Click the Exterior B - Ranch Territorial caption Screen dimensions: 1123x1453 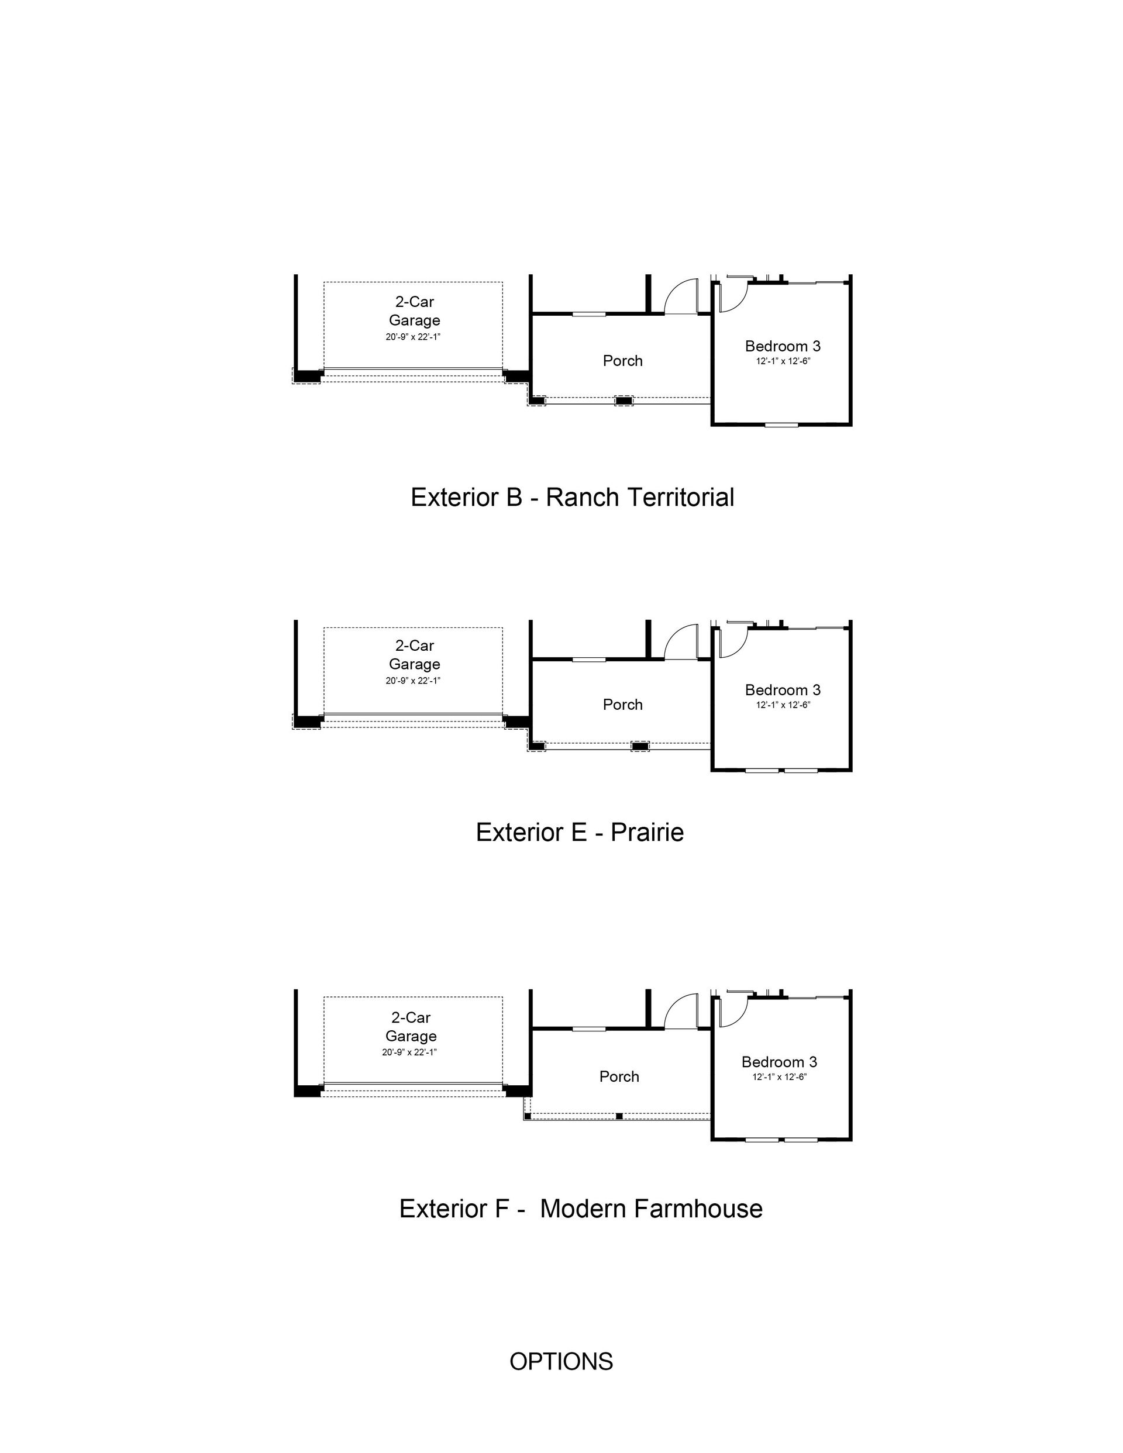tap(572, 498)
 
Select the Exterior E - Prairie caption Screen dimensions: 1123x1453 tap(579, 832)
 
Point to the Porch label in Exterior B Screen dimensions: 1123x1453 tap(622, 361)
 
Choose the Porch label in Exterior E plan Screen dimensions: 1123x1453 tap(622, 705)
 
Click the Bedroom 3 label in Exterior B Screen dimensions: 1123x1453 tap(783, 346)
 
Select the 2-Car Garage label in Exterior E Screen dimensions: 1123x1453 tap(414, 655)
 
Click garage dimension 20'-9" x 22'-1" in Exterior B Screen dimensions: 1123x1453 tap(413, 337)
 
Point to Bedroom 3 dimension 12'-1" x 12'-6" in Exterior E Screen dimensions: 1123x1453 tap(783, 705)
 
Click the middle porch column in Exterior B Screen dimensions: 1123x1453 tap(623, 401)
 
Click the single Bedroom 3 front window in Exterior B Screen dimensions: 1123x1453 tap(781, 424)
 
